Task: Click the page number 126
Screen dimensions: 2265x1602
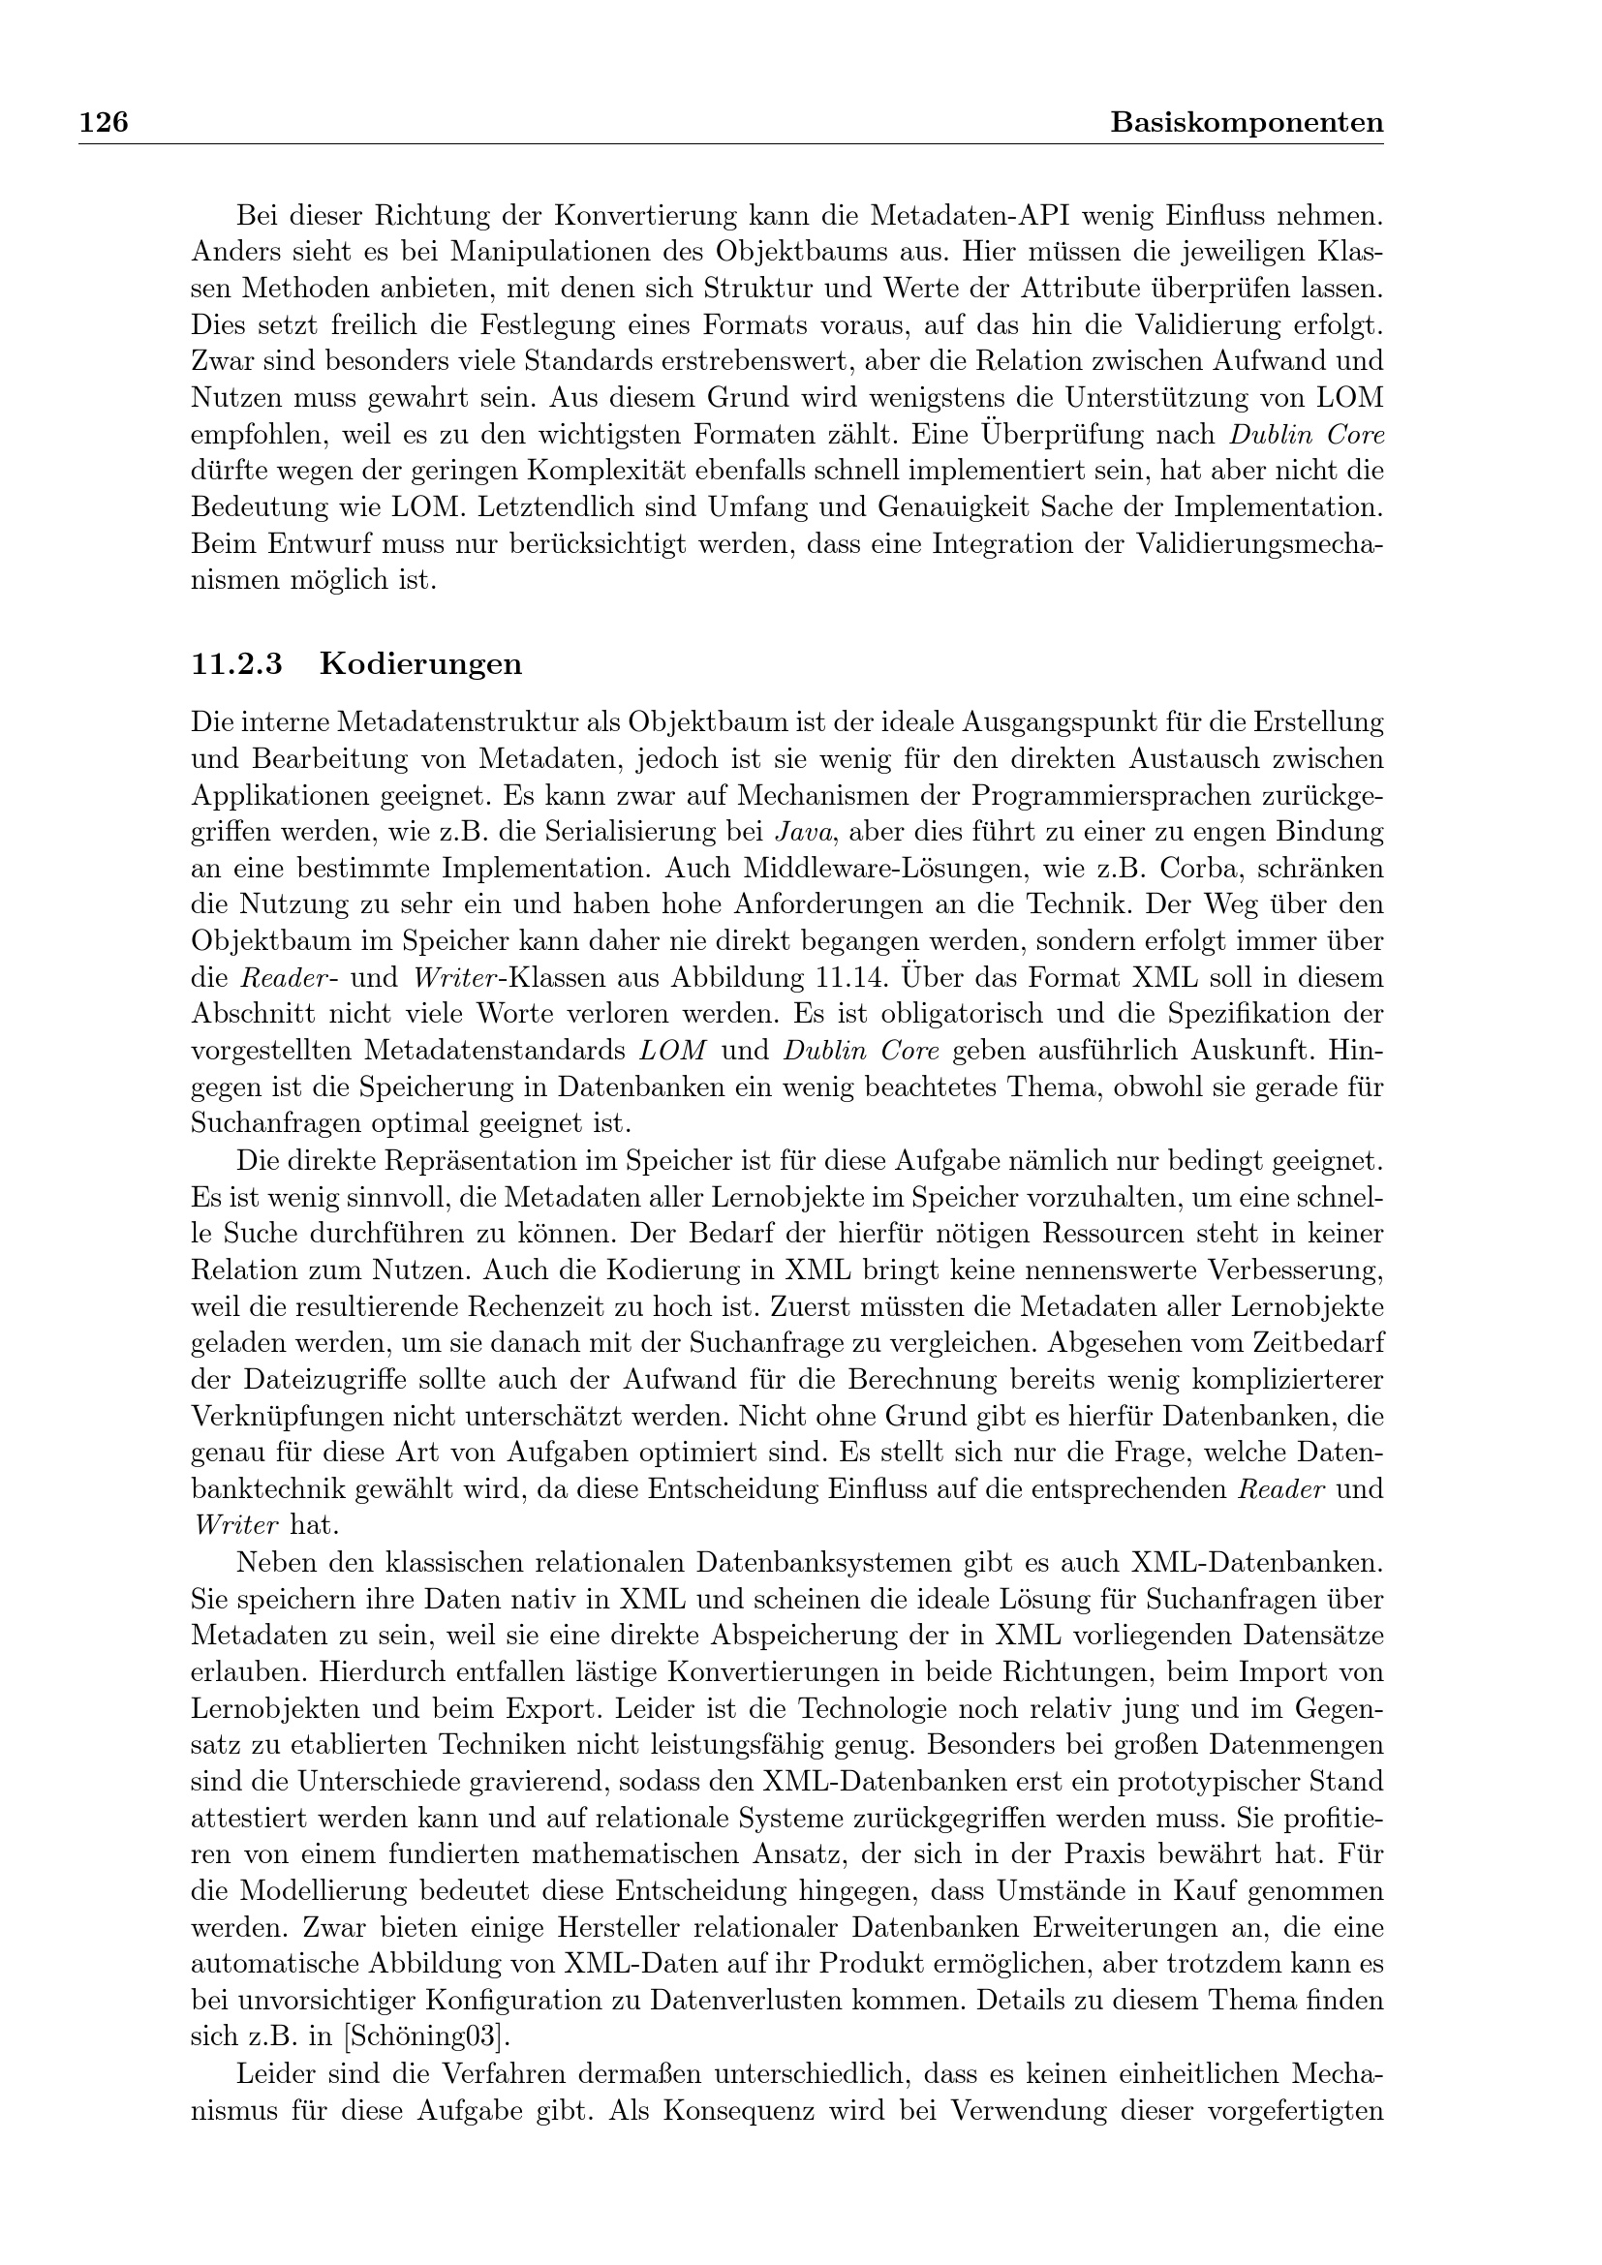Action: pos(104,122)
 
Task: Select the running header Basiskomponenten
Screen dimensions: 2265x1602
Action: pos(1246,122)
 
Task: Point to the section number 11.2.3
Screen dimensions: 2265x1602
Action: pos(236,664)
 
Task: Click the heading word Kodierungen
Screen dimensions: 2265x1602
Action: pos(421,664)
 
